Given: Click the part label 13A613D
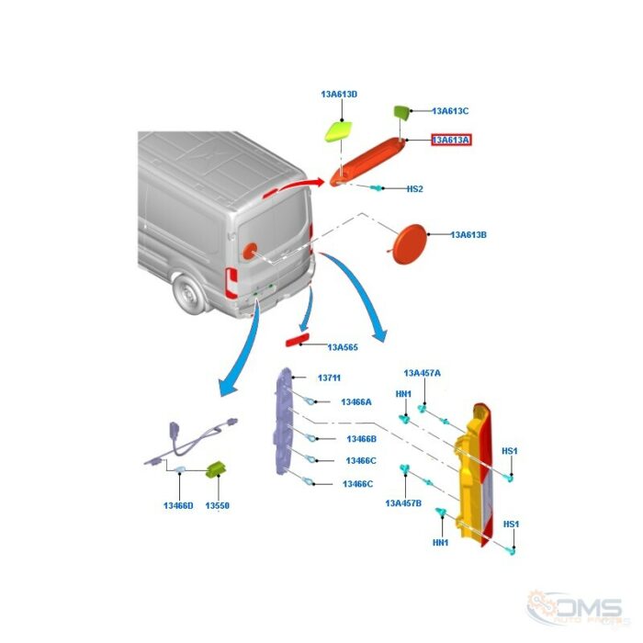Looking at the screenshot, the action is pos(339,95).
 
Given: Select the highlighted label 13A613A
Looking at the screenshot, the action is pos(451,141).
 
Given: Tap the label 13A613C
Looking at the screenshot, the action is pos(450,111).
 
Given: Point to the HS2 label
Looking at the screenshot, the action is pos(414,189).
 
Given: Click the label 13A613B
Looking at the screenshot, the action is pos(468,235).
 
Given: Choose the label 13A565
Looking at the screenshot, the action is pos(343,347).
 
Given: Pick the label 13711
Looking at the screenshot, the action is pos(329,378).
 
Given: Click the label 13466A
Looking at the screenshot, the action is pos(356,402).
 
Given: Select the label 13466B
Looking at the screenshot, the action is pos(361,439).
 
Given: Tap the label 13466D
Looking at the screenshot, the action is pos(178,505).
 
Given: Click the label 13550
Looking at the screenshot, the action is pos(217,505).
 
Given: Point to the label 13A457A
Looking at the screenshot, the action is pos(422,373).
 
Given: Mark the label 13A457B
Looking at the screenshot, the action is pos(403,503).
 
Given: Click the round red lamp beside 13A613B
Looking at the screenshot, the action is pos(410,244).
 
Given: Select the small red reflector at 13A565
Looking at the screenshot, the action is pos(298,340).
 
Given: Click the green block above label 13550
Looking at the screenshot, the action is pos(216,469).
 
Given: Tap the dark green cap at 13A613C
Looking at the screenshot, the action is pos(401,111).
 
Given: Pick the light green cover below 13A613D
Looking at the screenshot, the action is pos(338,131).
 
